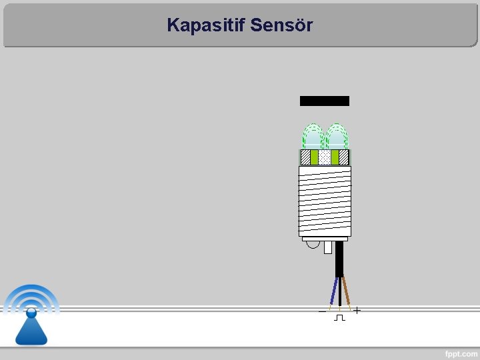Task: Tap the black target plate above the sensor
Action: pyautogui.click(x=324, y=101)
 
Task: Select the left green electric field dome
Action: pyautogui.click(x=312, y=137)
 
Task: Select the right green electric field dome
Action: pyautogui.click(x=337, y=137)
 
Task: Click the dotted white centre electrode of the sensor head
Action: pyautogui.click(x=324, y=157)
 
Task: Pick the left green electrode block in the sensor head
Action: pyautogui.click(x=314, y=157)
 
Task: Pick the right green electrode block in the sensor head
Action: pyautogui.click(x=335, y=157)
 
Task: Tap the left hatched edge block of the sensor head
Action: pyautogui.click(x=305, y=157)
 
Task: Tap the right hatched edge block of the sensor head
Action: pyautogui.click(x=344, y=157)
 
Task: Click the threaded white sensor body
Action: pyautogui.click(x=324, y=200)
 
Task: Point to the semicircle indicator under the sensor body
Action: pyautogui.click(x=313, y=245)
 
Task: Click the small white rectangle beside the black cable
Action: pyautogui.click(x=327, y=247)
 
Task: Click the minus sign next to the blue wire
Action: pyautogui.click(x=322, y=311)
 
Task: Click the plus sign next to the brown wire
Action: pyautogui.click(x=357, y=311)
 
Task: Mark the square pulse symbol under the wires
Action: pyautogui.click(x=339, y=318)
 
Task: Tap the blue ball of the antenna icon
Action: pyautogui.click(x=31, y=312)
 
